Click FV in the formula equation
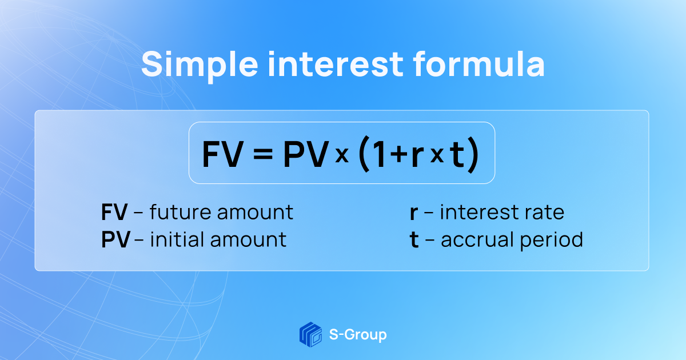[x=222, y=154]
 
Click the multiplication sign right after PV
[x=342, y=156]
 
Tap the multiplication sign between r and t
[x=436, y=156]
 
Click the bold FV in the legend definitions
[x=114, y=213]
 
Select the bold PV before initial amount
[x=115, y=239]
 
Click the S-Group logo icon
[x=310, y=334]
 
